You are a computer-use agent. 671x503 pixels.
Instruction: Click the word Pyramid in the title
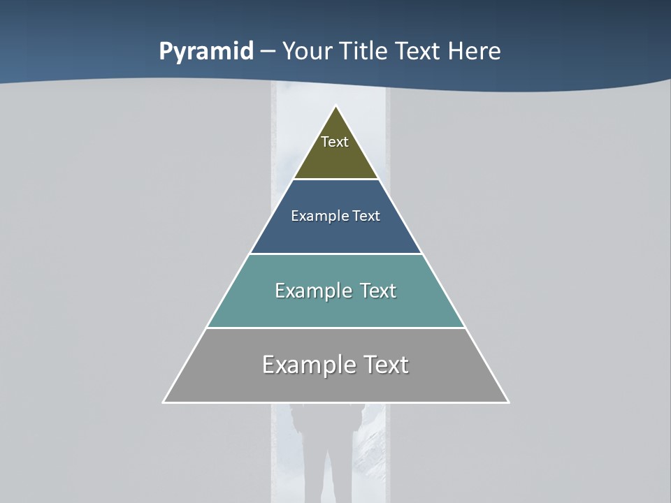(205, 52)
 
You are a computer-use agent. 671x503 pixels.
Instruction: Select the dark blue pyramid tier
(335, 234)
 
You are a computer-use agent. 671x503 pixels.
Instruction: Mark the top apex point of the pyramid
(336, 106)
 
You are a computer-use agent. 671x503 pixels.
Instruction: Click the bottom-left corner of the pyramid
(164, 402)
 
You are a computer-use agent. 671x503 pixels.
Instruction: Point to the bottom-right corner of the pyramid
(508, 402)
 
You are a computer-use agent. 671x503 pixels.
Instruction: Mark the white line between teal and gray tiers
(335, 328)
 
